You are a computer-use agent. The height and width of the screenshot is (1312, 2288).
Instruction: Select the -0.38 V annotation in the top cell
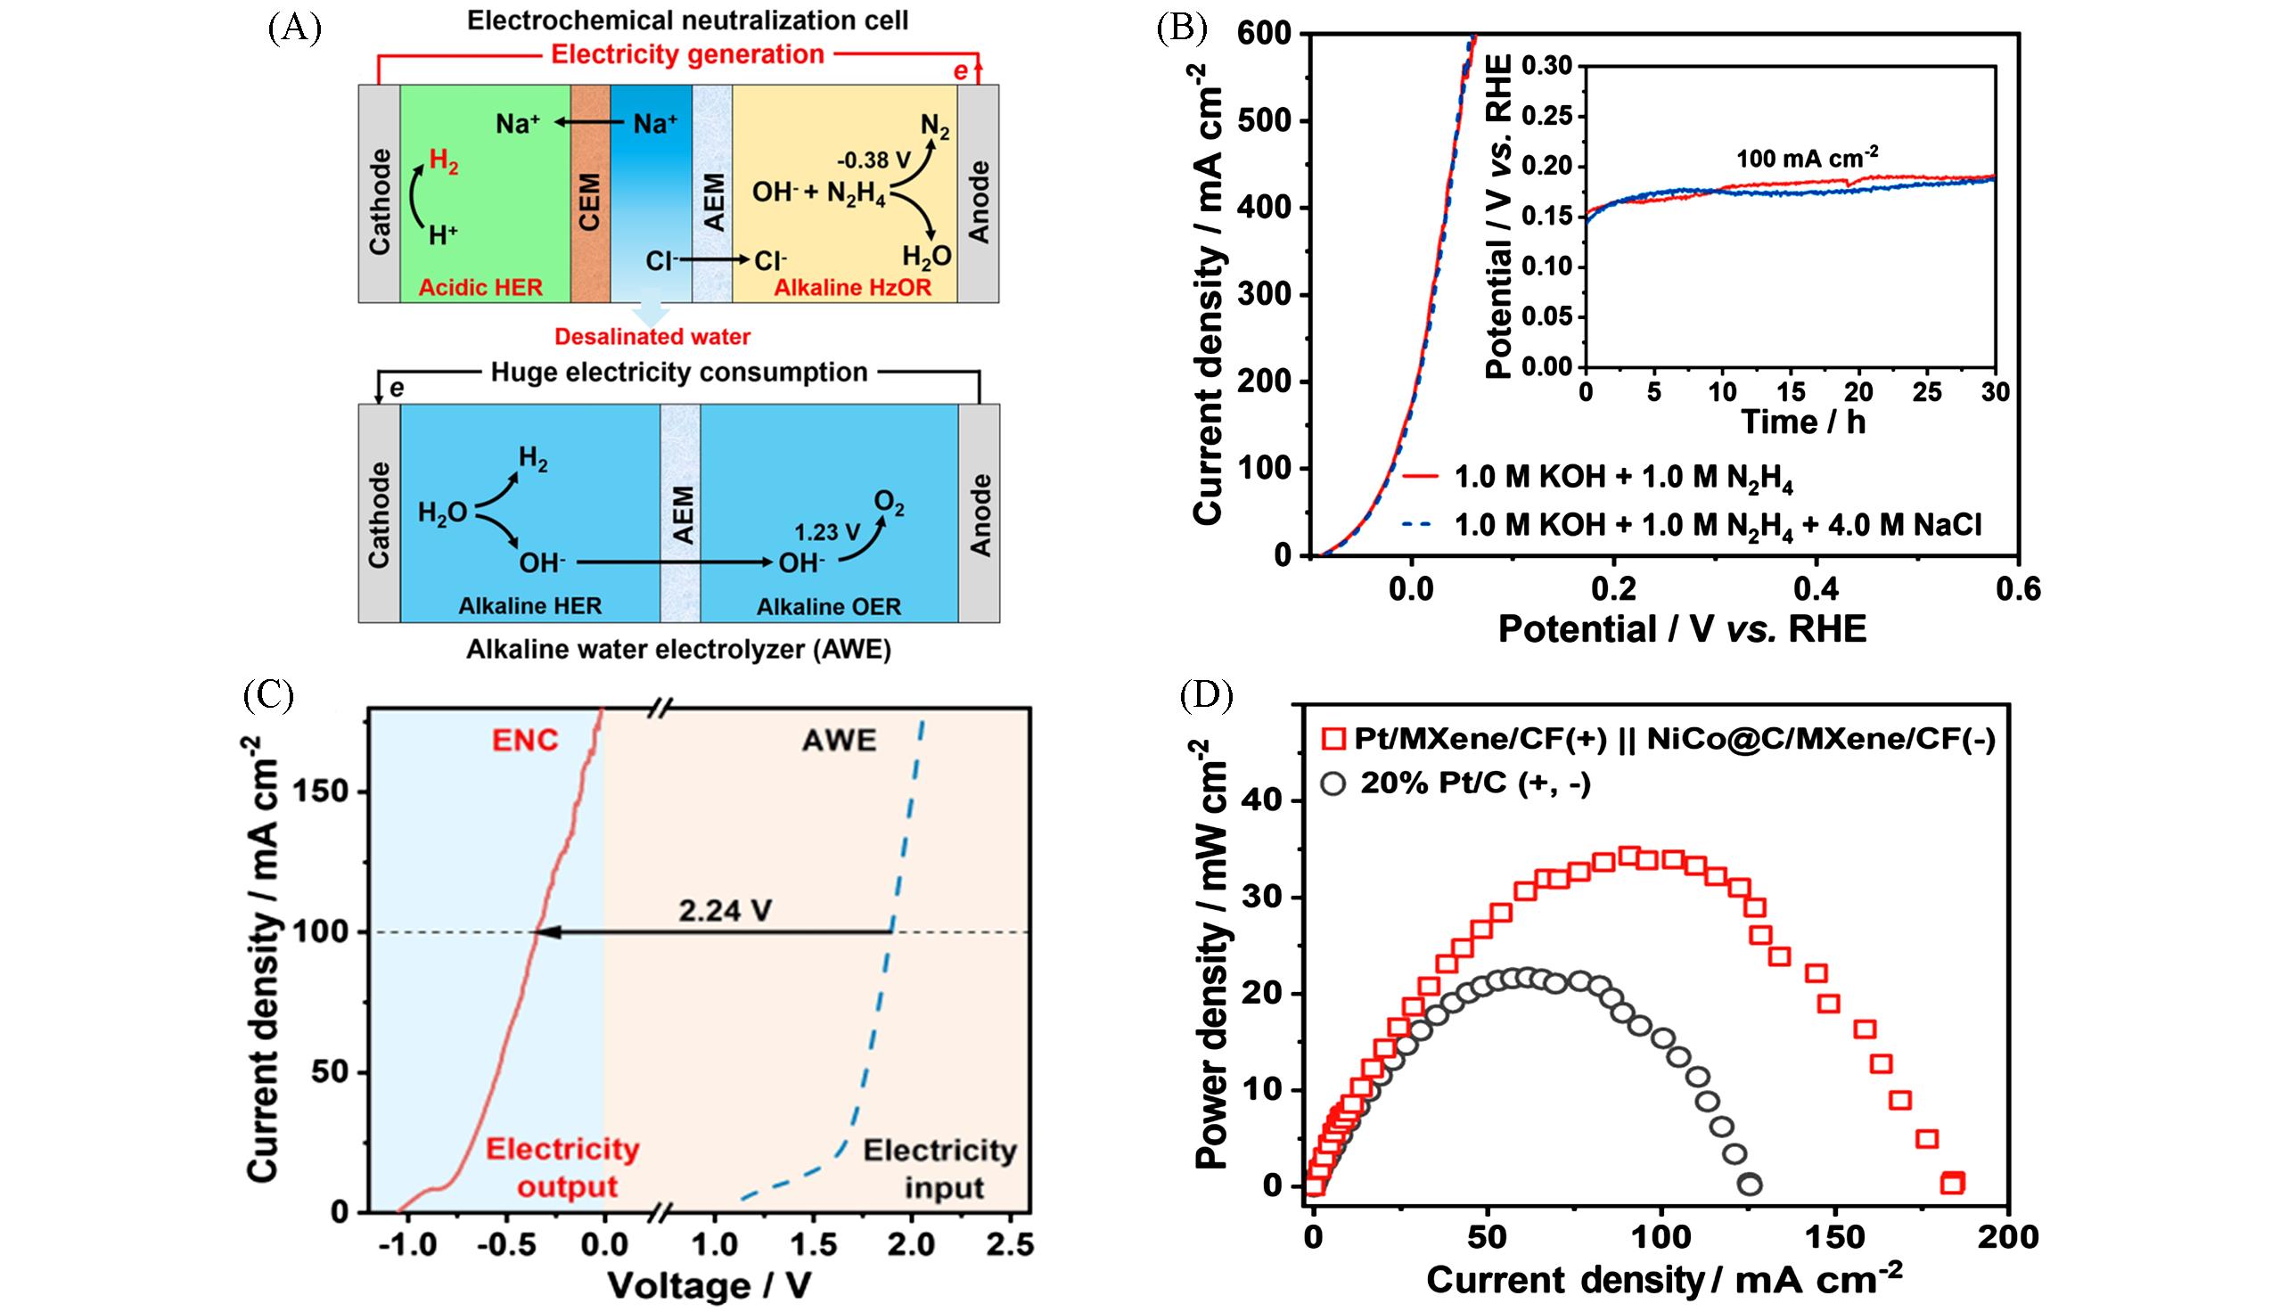point(873,160)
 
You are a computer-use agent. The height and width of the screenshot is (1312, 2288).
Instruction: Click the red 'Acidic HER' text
point(480,288)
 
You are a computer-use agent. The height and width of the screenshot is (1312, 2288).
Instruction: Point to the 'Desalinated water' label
point(652,337)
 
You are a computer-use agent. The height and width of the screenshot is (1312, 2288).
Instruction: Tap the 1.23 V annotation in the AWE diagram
point(827,531)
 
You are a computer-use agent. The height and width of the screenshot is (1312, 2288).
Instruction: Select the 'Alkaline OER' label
point(828,606)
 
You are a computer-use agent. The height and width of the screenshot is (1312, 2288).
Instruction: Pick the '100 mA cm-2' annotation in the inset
point(1808,159)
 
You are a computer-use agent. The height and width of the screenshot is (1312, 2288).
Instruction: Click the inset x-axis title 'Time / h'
point(1802,422)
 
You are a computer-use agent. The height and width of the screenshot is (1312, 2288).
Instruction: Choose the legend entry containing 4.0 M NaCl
point(1718,525)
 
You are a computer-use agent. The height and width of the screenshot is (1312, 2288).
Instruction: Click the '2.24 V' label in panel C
point(725,911)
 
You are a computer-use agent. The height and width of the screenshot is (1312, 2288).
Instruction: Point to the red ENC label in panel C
point(524,741)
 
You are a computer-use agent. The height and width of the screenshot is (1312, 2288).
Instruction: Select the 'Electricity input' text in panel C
point(940,1168)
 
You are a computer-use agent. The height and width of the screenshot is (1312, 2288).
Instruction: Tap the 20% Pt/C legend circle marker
point(1333,784)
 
